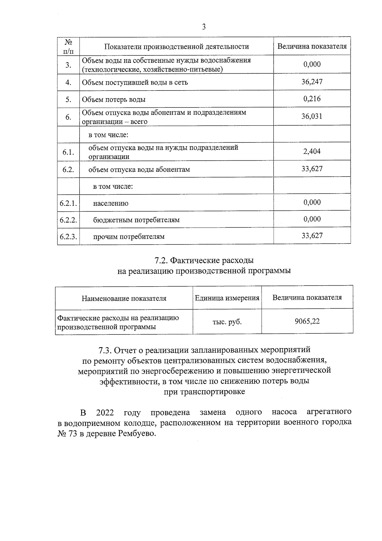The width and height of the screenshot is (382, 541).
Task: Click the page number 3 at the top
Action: (204, 27)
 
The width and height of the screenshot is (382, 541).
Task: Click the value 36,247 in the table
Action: (312, 82)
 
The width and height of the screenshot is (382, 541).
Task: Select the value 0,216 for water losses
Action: (312, 99)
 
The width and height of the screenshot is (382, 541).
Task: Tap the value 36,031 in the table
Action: (312, 116)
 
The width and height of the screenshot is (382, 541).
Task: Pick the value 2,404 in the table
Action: (312, 151)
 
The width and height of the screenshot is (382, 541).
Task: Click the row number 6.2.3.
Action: (68, 237)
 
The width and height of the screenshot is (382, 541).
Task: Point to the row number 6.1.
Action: (68, 152)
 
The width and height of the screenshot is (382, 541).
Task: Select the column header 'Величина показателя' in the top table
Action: (312, 46)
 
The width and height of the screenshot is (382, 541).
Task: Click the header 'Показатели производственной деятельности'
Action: (177, 47)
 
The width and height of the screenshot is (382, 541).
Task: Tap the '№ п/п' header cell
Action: (68, 47)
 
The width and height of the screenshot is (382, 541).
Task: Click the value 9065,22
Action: (307, 321)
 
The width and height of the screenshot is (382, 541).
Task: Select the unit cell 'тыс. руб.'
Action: (227, 322)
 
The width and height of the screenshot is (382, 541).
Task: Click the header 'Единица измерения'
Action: (227, 298)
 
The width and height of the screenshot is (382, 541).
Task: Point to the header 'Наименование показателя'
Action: (124, 298)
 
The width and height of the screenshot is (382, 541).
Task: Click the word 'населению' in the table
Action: (111, 203)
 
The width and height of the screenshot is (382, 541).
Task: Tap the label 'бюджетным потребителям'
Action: (136, 220)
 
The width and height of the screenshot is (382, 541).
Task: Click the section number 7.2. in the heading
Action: (161, 260)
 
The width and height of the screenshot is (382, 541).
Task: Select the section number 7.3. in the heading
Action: (105, 350)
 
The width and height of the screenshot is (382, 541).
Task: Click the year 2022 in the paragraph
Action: (105, 413)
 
